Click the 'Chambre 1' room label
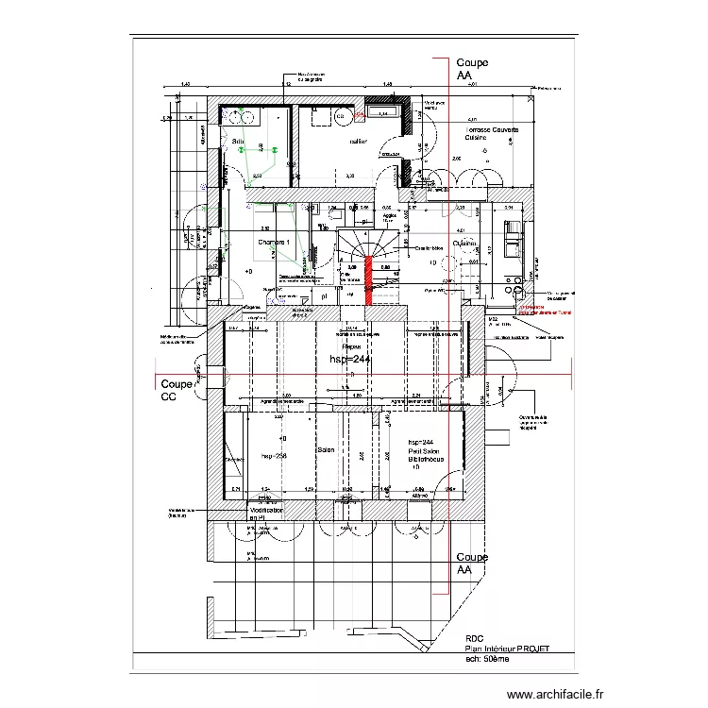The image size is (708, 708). tap(273, 243)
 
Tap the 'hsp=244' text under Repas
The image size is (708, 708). tap(351, 360)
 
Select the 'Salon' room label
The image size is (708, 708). tap(327, 450)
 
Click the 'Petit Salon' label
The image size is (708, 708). tap(427, 452)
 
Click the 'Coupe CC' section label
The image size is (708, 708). tap(176, 391)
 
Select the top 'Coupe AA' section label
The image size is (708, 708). tap(472, 69)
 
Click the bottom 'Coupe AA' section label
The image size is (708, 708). tap(472, 564)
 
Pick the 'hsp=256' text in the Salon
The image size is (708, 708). tap(273, 455)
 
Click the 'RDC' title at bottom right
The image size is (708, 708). tap(474, 639)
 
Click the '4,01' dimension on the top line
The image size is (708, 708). tap(472, 85)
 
